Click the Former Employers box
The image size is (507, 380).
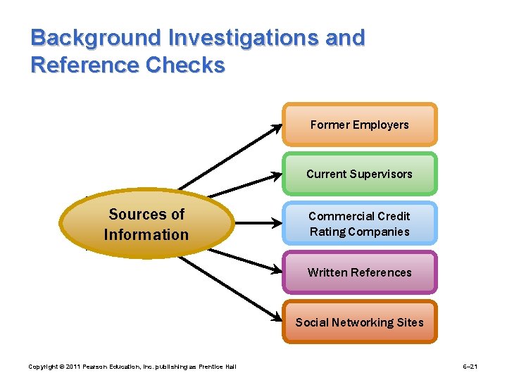click(359, 125)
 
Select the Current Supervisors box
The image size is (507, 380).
click(359, 174)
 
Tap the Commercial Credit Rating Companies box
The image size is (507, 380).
click(359, 224)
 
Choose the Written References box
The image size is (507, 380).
click(359, 272)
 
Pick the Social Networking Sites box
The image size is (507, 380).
click(359, 322)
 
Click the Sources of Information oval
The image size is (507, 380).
click(146, 224)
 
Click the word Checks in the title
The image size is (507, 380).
click(186, 65)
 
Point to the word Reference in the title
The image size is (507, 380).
click(85, 65)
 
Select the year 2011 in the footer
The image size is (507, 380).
click(61, 367)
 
